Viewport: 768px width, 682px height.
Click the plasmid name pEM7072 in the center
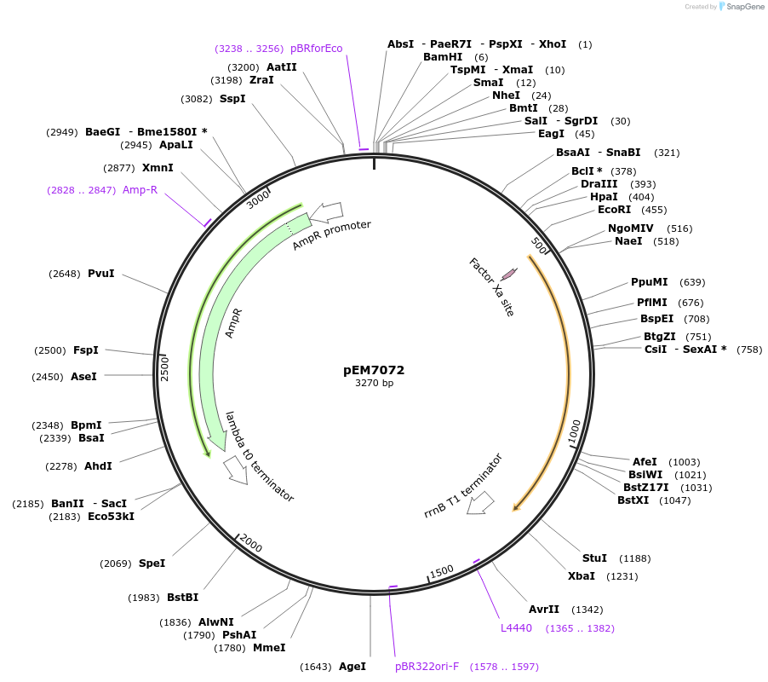(374, 370)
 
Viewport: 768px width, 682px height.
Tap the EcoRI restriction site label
(614, 210)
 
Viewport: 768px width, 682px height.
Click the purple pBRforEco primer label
(316, 49)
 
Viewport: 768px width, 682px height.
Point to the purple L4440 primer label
(516, 628)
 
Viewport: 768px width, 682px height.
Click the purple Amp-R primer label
(140, 190)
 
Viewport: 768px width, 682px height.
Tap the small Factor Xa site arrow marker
(509, 274)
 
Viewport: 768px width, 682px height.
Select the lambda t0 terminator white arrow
(236, 469)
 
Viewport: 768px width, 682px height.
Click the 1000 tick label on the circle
(574, 431)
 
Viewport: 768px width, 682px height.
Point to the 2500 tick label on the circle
(165, 368)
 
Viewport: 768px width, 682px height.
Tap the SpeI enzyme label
(152, 564)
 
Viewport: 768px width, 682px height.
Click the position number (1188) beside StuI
(635, 558)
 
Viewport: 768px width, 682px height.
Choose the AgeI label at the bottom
(352, 666)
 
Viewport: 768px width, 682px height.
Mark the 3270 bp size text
(374, 384)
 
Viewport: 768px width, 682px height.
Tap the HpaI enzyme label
(604, 197)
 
